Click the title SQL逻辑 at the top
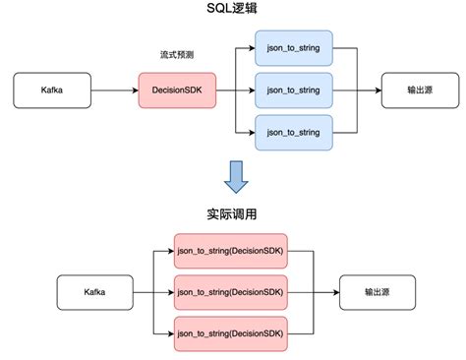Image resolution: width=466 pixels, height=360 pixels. (232, 11)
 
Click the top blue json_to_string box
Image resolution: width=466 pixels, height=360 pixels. (294, 46)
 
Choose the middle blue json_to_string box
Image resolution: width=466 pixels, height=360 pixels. (294, 90)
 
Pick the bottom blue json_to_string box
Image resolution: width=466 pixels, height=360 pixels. (294, 133)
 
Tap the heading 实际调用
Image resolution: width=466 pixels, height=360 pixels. (232, 214)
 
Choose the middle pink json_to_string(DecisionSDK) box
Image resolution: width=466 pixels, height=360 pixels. (231, 292)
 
